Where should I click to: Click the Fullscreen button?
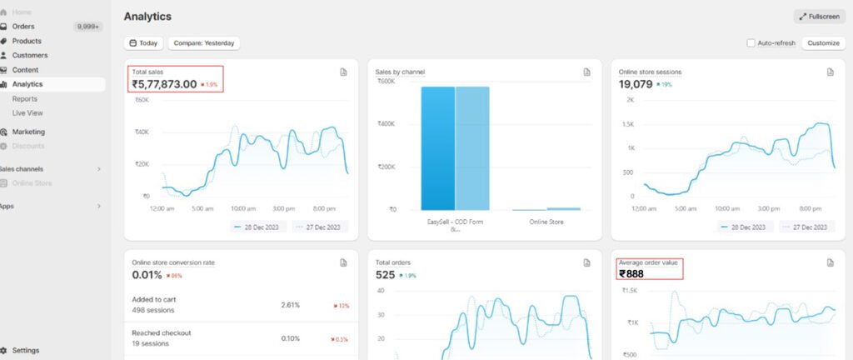pos(820,17)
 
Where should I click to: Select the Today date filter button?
pos(143,43)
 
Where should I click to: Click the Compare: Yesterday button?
pos(204,43)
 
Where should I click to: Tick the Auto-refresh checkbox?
pos(751,43)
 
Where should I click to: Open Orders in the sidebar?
pos(23,27)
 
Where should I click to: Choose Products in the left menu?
pos(27,41)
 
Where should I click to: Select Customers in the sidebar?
pos(29,55)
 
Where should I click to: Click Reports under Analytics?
pos(25,98)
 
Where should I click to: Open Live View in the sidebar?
pos(27,112)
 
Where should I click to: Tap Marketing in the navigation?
pos(28,132)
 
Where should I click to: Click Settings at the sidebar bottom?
pos(25,350)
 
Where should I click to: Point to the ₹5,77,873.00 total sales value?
pos(164,84)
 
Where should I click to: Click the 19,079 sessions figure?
pos(636,84)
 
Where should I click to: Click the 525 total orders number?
pos(386,274)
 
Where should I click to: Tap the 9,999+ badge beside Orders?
pos(87,27)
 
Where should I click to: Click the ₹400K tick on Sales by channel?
pos(386,123)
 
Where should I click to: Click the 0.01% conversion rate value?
pos(147,274)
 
